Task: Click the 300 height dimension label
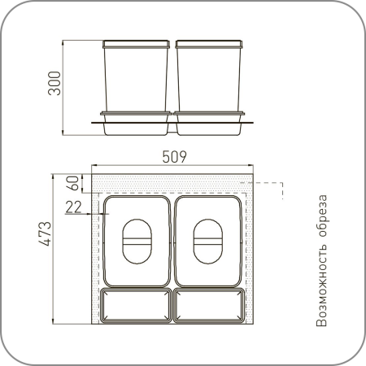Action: tap(54, 83)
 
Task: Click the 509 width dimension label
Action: tap(174, 157)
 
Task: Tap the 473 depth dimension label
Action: tap(45, 233)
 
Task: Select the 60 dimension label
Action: tap(72, 183)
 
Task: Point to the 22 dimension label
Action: tap(73, 207)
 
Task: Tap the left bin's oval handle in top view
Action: tap(137, 242)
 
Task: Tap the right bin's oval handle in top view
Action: tap(208, 242)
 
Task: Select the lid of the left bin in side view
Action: tap(136, 44)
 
